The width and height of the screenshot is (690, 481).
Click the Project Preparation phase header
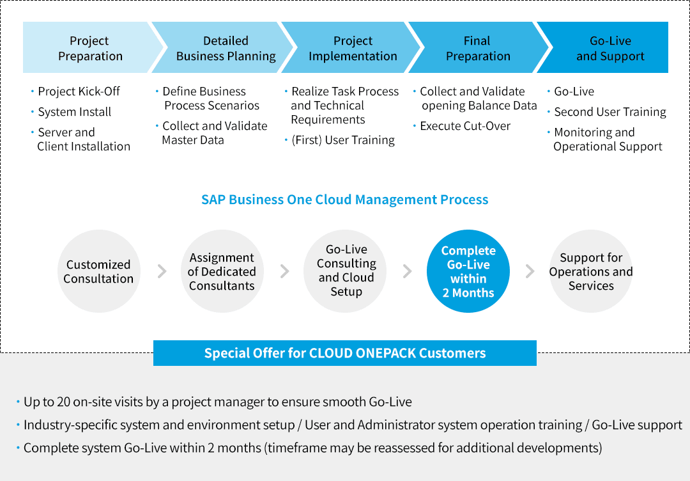click(x=89, y=49)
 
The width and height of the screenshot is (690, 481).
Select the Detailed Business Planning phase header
click(x=226, y=49)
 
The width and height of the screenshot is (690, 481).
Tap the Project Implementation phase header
click(x=353, y=49)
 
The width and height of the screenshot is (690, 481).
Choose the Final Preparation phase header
click(x=478, y=49)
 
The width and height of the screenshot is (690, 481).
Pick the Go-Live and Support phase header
click(x=610, y=49)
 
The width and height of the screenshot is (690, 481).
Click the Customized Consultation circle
click(x=98, y=271)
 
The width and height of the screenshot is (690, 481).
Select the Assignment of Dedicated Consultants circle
click(x=222, y=271)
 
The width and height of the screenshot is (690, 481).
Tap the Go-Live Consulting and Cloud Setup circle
click(x=346, y=271)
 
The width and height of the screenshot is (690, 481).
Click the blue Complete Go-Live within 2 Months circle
click(x=468, y=271)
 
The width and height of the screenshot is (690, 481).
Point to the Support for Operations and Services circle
click(x=591, y=271)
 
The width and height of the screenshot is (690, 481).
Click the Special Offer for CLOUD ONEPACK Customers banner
click(x=345, y=353)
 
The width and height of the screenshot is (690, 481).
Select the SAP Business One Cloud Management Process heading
click(x=345, y=200)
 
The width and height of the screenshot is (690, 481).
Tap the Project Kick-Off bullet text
click(x=79, y=91)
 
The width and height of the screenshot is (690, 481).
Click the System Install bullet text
click(x=74, y=112)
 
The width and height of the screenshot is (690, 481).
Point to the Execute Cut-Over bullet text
click(x=465, y=126)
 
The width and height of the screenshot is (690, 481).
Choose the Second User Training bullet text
click(x=609, y=112)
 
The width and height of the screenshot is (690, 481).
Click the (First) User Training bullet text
click(x=343, y=140)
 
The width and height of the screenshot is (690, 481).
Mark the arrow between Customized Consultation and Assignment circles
click(x=162, y=271)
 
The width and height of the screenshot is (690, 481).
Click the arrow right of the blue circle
click(x=530, y=271)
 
